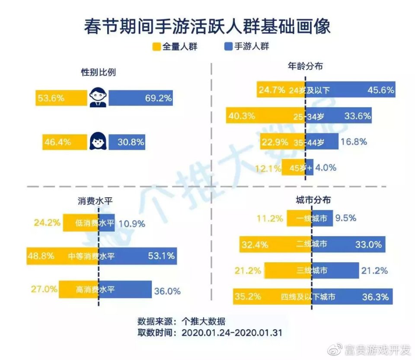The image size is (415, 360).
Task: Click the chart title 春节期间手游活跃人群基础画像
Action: click(x=207, y=26)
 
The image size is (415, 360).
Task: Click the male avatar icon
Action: click(x=98, y=98)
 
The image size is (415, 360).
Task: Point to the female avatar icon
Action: click(x=98, y=141)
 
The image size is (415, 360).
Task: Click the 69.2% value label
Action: click(x=158, y=98)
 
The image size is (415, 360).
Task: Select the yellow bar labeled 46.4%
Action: click(x=65, y=141)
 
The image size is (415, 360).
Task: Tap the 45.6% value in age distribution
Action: click(x=380, y=90)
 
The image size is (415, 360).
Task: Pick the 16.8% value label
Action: click(x=354, y=141)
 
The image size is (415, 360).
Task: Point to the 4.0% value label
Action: click(x=326, y=167)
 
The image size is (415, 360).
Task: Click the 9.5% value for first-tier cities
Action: click(x=346, y=218)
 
